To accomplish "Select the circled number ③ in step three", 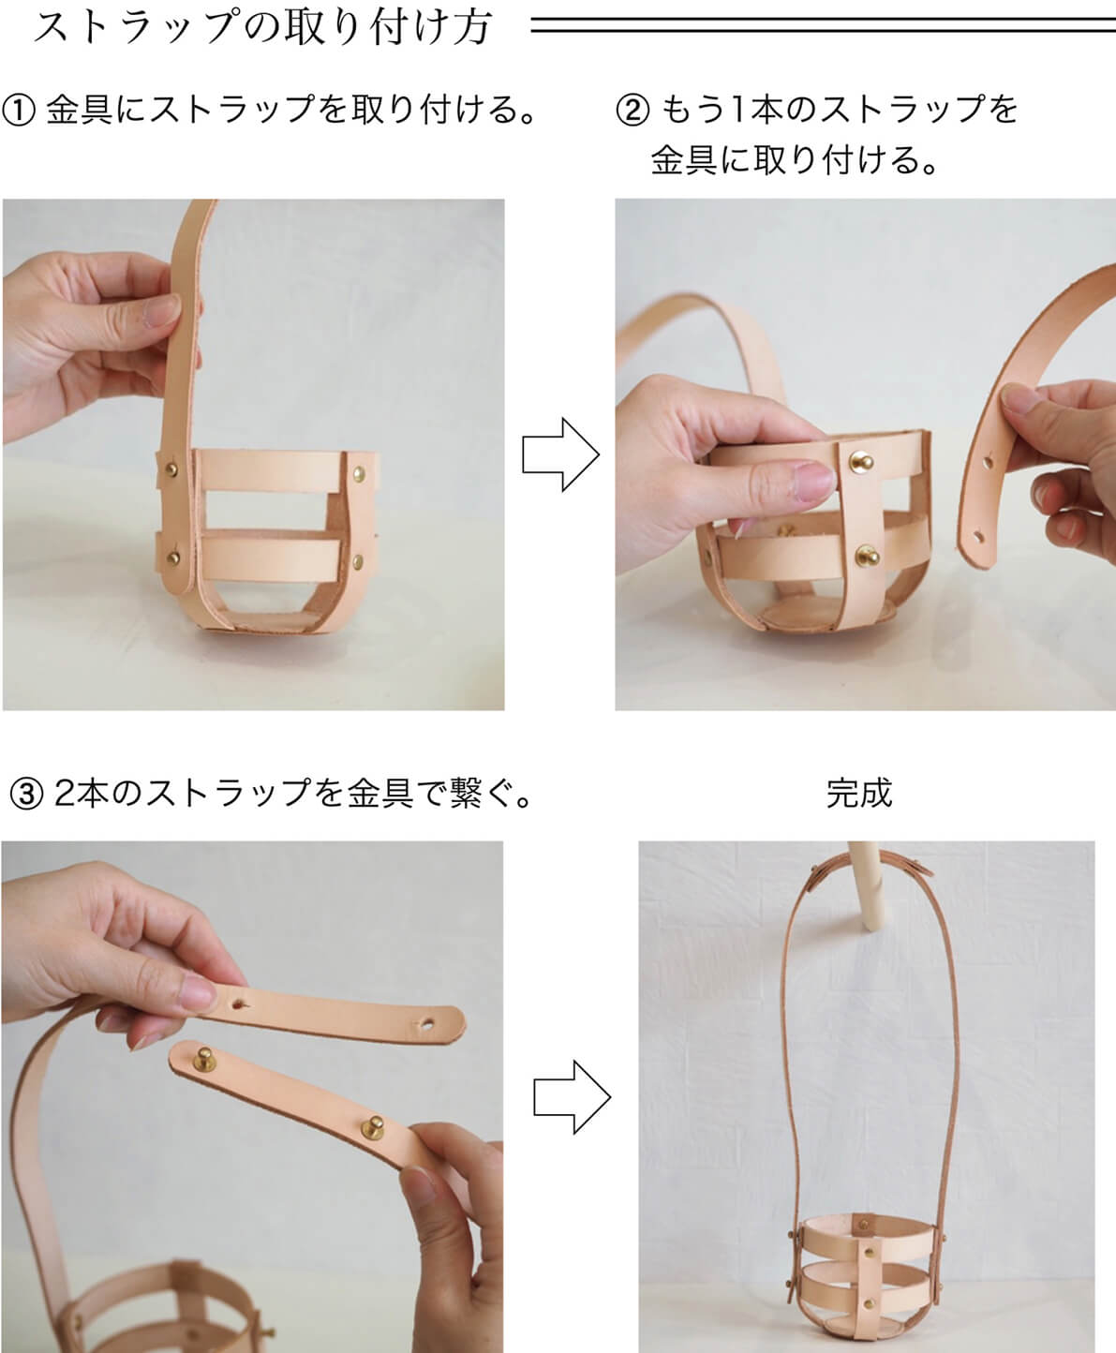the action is [26, 794].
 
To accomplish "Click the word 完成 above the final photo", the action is [859, 793].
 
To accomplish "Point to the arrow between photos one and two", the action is [561, 454].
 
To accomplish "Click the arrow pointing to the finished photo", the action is [572, 1097].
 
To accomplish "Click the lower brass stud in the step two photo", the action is [867, 556].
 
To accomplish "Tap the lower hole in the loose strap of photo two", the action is [978, 538].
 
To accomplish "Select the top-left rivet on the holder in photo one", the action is [171, 468].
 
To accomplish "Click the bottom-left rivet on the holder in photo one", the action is [173, 558].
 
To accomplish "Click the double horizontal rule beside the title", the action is [823, 25].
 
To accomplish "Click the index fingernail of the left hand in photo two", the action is [814, 481].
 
